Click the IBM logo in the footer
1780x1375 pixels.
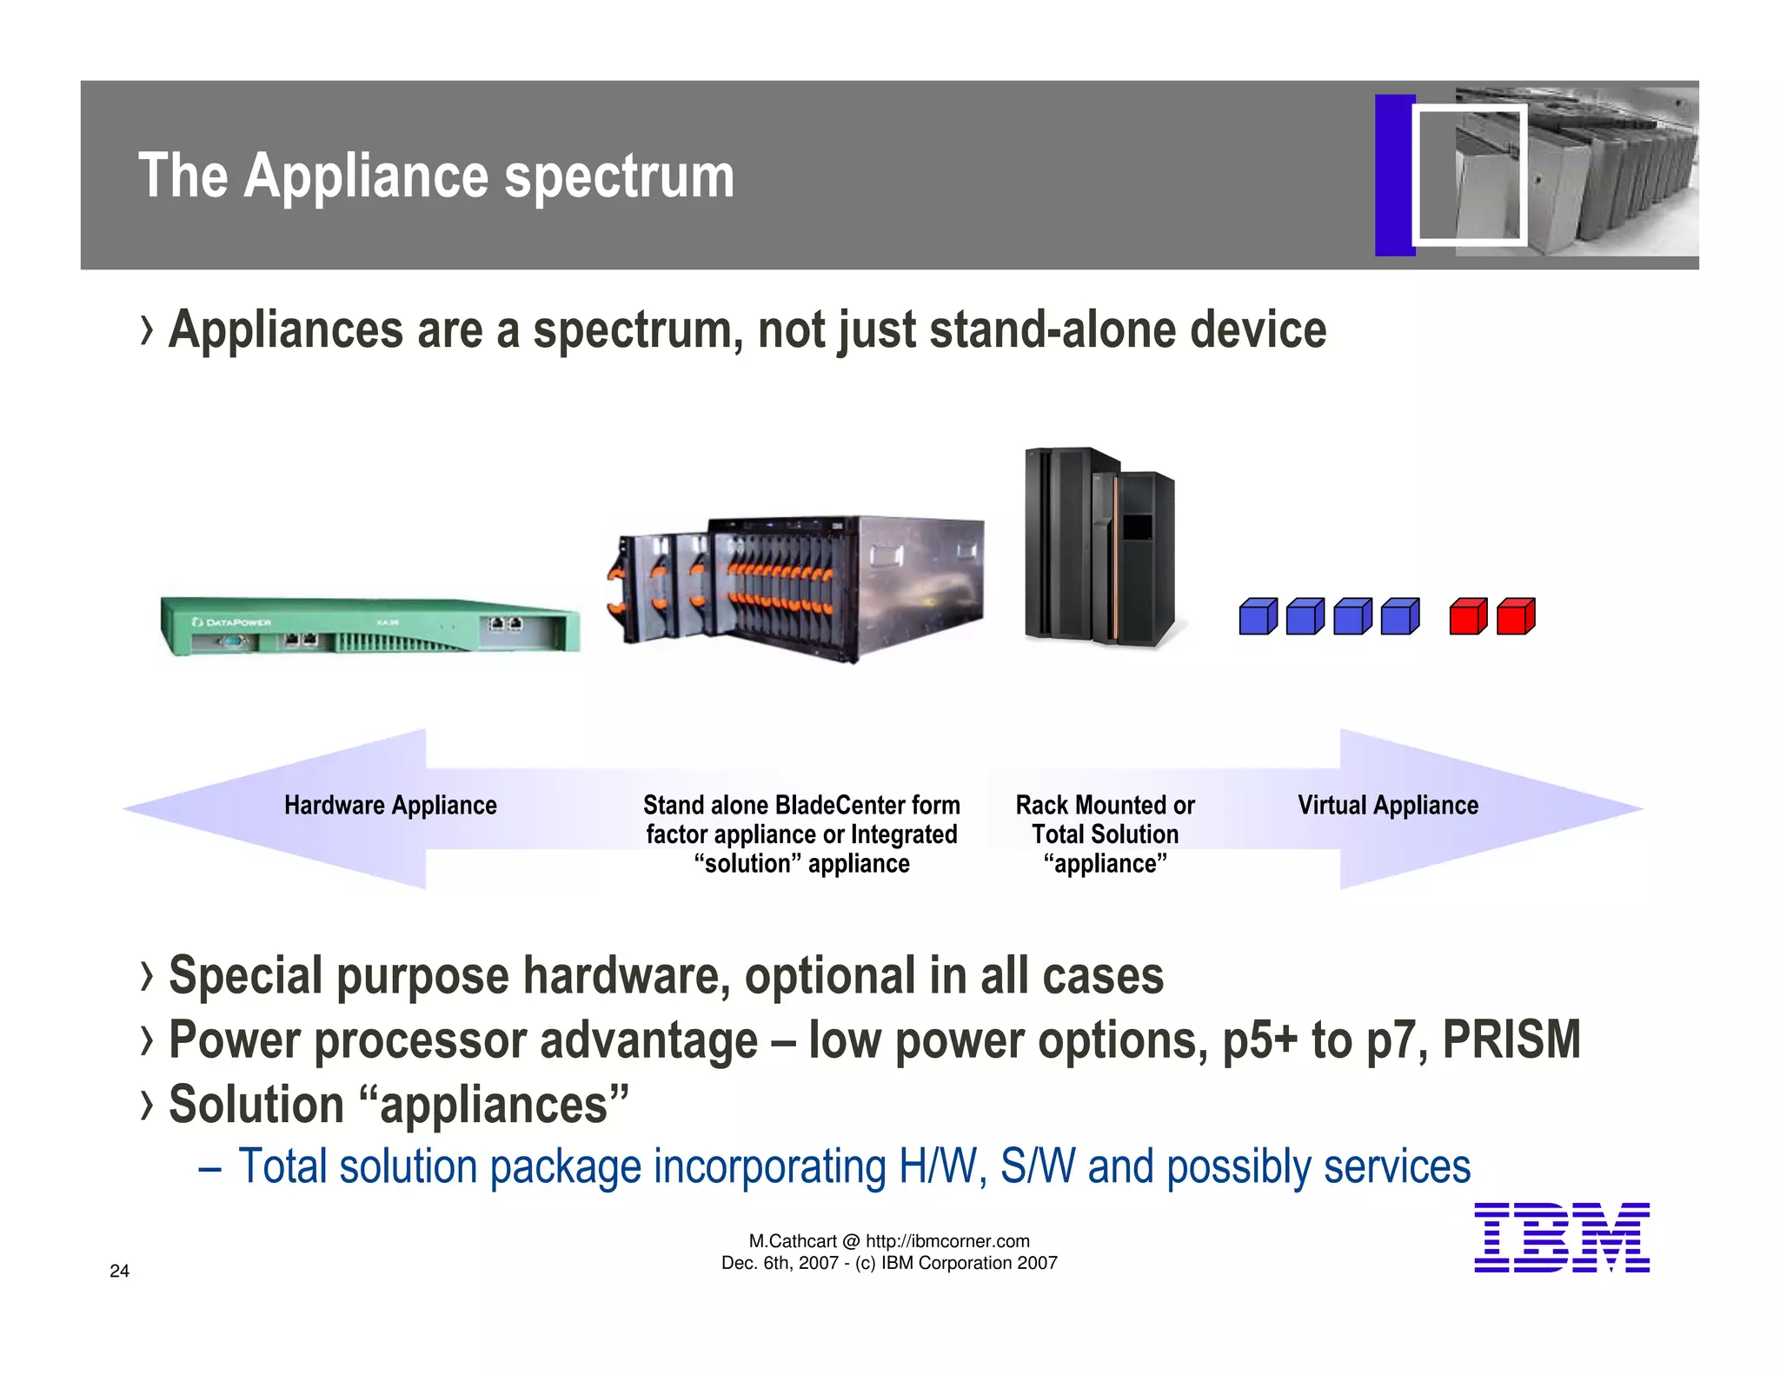[x=1561, y=1238]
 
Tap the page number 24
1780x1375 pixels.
[x=120, y=1271]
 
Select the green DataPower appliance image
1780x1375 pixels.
[x=369, y=626]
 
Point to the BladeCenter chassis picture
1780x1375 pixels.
[x=800, y=587]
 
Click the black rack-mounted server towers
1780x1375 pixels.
[x=1099, y=548]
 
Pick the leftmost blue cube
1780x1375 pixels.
[x=1258, y=616]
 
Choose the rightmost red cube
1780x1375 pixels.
[x=1517, y=616]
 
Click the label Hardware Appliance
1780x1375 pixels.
[x=390, y=805]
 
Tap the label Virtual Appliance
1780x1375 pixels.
[x=1387, y=805]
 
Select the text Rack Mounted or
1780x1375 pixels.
[x=1105, y=805]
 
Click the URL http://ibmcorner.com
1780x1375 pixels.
[x=947, y=1241]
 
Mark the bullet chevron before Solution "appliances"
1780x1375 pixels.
[x=147, y=1105]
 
